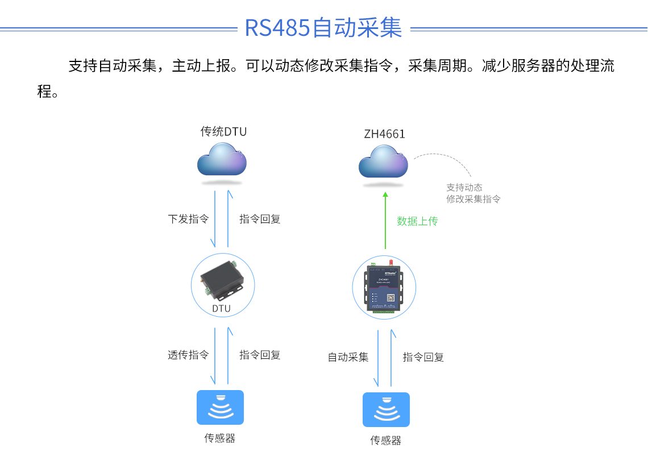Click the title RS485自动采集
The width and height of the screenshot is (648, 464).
pos(323,27)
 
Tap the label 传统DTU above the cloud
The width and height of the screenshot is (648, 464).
pos(223,132)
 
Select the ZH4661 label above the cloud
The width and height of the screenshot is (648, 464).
pos(385,134)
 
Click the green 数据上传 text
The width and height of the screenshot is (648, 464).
pos(417,221)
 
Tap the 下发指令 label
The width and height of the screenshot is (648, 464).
pos(188,219)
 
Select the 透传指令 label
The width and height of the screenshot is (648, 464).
pos(188,355)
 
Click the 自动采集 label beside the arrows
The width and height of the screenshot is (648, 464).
pos(348,357)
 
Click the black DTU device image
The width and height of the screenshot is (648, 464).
pos(222,280)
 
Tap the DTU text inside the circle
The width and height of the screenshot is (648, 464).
pos(222,309)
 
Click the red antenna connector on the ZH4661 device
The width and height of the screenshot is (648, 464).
pos(391,263)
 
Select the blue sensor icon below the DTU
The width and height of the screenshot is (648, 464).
pos(220,407)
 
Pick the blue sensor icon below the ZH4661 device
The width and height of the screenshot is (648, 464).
pos(386,409)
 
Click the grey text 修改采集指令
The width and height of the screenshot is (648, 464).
pos(473,199)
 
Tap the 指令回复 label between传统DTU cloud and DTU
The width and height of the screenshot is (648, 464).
pos(260,219)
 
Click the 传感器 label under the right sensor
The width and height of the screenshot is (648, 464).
pos(386,441)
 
